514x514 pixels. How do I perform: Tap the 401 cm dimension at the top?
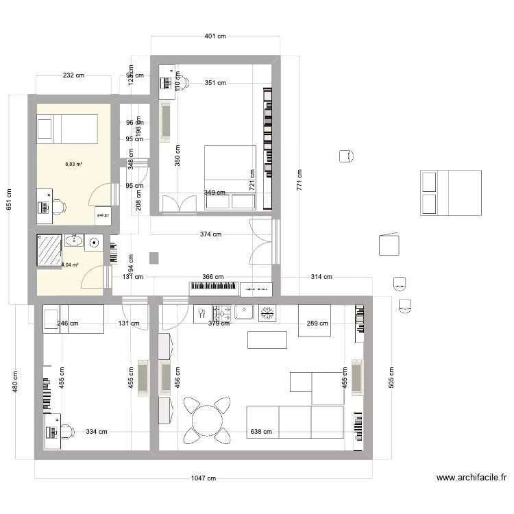[215, 36]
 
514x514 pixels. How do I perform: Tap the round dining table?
[207, 419]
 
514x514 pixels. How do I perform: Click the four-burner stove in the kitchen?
[221, 314]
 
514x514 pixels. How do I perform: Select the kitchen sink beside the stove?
[244, 313]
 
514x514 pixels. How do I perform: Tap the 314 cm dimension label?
[321, 277]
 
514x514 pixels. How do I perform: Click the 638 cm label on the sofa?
[261, 432]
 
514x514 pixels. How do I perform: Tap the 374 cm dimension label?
[210, 234]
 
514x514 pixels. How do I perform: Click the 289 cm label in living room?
[317, 323]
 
